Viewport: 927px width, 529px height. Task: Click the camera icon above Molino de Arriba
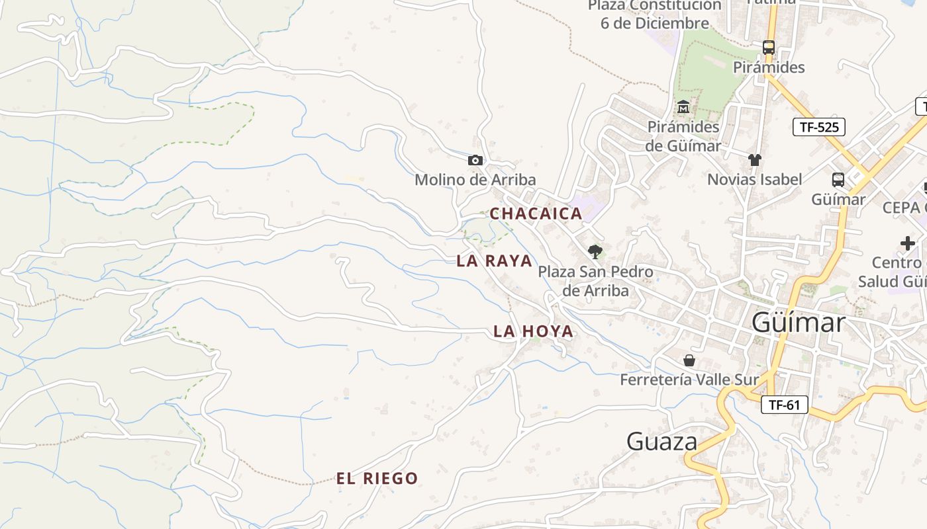click(x=475, y=160)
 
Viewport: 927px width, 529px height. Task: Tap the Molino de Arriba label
click(x=475, y=180)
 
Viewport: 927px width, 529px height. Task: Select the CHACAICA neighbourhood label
click(x=536, y=214)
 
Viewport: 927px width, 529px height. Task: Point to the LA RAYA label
click(x=494, y=261)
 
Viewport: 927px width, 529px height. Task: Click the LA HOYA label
click(x=533, y=331)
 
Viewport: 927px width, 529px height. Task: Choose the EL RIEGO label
click(x=377, y=479)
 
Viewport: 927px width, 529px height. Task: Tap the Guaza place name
click(x=661, y=442)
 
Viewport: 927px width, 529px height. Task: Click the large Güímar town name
click(x=799, y=323)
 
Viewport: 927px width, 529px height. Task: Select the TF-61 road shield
click(x=784, y=405)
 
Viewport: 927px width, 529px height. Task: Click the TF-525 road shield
click(x=818, y=127)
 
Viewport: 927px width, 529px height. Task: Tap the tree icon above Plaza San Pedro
click(x=595, y=251)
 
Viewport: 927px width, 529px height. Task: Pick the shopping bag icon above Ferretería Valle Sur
click(x=689, y=360)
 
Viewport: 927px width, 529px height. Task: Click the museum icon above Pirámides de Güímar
click(x=683, y=106)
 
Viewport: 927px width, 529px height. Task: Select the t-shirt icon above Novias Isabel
click(x=754, y=159)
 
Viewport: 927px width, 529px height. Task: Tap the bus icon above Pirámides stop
click(x=768, y=48)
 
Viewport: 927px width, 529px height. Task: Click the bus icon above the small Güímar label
click(x=838, y=179)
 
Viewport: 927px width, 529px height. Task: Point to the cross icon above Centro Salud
click(x=907, y=243)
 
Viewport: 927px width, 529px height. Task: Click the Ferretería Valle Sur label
click(x=689, y=380)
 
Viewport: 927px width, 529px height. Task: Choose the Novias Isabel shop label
click(x=754, y=179)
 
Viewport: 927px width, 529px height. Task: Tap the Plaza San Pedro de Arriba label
click(x=595, y=280)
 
